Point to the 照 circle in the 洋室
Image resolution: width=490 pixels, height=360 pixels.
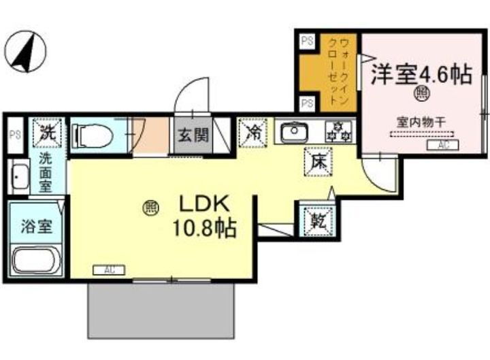pos(421,93)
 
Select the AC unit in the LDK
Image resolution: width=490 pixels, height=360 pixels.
pos(109,270)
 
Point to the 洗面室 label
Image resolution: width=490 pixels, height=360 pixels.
pos(44,173)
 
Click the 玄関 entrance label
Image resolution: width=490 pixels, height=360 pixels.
pos(193,135)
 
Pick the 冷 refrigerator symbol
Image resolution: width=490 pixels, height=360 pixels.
pos(253,131)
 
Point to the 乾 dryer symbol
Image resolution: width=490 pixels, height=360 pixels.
pos(317,220)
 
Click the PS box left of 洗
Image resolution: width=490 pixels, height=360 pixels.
pos(15,135)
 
